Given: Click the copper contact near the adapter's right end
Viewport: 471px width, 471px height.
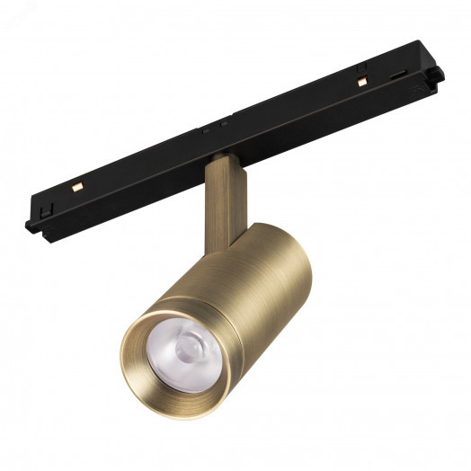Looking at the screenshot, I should [x=361, y=82].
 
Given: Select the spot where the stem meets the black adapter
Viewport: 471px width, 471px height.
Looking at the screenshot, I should [x=222, y=160].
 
